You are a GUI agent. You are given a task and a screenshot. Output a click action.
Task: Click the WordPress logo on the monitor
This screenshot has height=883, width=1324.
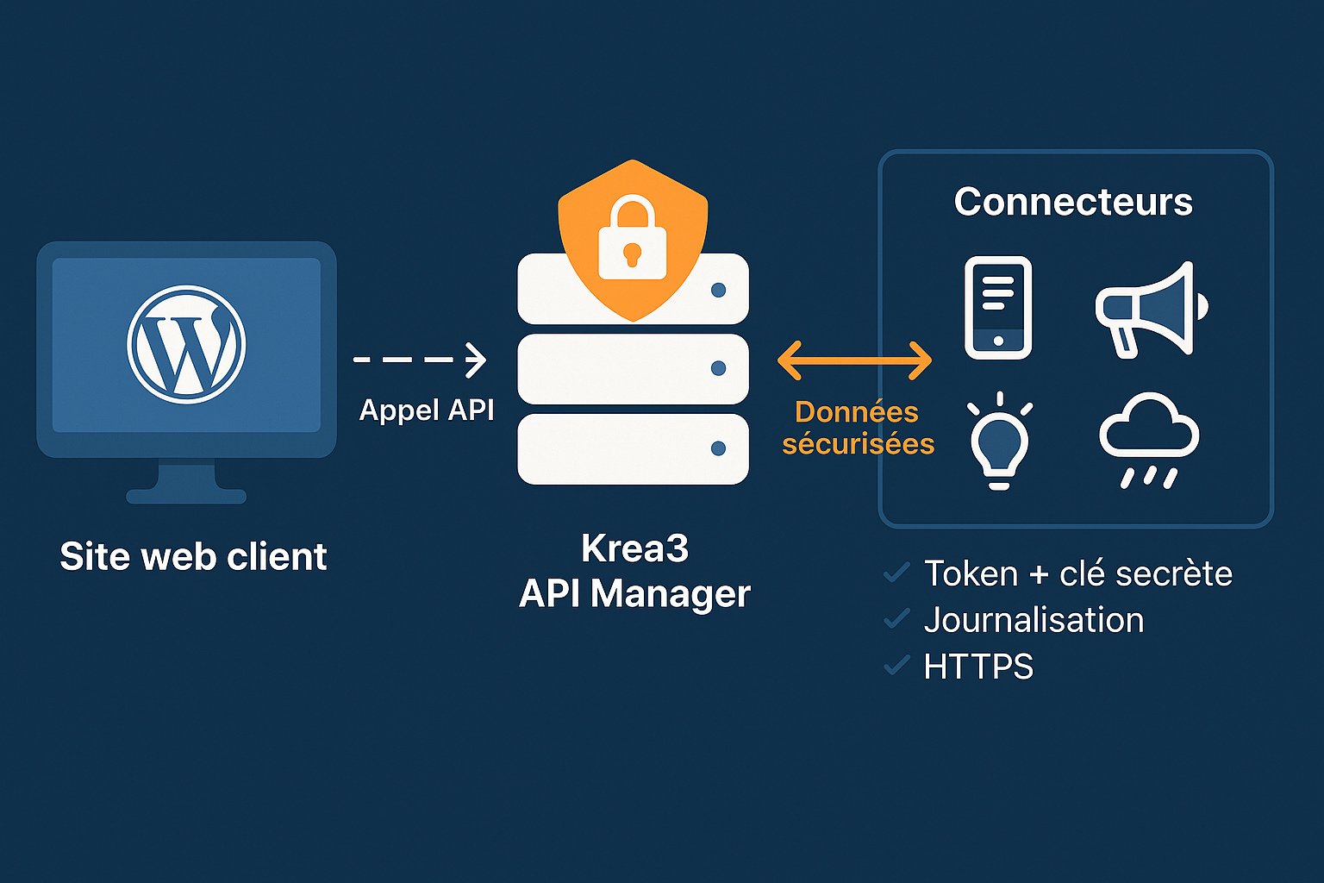coord(186,344)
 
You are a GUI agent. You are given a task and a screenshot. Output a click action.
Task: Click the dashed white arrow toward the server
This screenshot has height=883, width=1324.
coord(420,360)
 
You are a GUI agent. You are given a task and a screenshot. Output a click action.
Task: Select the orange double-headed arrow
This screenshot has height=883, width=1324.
coord(854,360)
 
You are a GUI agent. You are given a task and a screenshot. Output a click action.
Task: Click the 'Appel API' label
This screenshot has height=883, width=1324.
coord(427,410)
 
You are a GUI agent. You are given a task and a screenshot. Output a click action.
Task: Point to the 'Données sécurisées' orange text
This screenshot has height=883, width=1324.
coord(858,428)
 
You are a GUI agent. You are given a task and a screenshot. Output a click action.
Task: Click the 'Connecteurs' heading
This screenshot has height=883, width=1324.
coord(1073,202)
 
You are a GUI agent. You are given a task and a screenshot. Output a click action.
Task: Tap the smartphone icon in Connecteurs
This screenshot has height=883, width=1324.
coord(998,307)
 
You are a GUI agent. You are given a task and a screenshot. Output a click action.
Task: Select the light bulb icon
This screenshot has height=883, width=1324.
coord(999,441)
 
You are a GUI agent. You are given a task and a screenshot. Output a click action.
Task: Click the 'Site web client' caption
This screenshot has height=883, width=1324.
coord(193,556)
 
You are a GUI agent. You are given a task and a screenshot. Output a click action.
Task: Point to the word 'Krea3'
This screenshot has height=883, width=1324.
coord(634,548)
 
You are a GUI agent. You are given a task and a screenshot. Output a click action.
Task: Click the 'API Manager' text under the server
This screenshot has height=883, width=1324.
coord(634,593)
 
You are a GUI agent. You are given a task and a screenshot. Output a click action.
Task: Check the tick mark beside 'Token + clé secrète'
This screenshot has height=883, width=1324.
coord(897,573)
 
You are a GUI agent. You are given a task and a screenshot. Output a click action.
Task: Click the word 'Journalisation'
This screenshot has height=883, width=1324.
coord(1034,620)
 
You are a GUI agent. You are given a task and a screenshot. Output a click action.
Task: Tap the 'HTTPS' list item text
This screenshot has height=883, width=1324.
coord(978,667)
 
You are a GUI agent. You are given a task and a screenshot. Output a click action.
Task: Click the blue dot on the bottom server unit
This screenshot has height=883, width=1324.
coord(718,448)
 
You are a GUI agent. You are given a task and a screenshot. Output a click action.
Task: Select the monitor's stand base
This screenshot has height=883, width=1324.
coord(186,496)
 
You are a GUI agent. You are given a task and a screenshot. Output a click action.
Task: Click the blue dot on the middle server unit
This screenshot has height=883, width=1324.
coord(718,368)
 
